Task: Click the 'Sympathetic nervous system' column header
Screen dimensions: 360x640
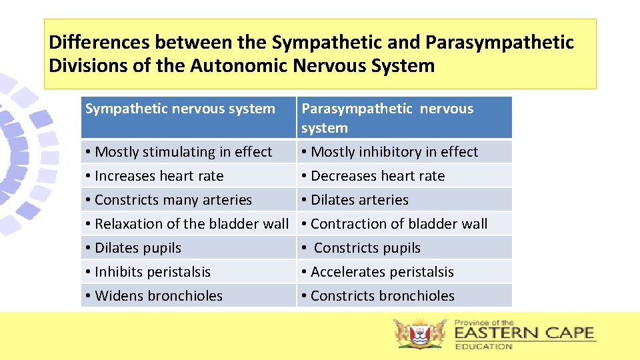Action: [180, 109]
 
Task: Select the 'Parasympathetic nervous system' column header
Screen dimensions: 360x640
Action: [387, 118]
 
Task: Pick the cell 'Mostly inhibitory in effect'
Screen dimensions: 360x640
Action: [395, 152]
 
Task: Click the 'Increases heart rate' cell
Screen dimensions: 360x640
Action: [159, 176]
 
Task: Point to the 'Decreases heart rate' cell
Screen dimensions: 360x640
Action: [378, 176]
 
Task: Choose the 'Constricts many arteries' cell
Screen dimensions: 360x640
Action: [173, 200]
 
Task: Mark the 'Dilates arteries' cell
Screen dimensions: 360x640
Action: [360, 200]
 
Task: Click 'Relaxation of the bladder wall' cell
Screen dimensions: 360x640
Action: [191, 224]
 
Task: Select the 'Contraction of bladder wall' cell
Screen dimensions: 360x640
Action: [399, 224]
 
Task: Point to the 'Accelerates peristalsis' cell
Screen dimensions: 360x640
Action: [382, 272]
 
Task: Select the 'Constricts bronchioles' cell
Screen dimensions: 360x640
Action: [383, 296]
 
